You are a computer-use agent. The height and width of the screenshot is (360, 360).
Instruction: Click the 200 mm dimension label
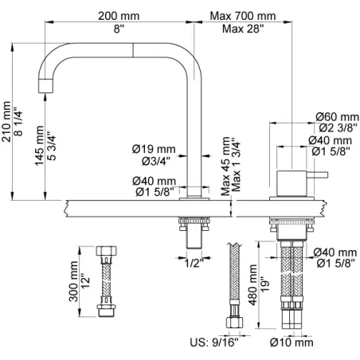pyautogui.click(x=119, y=16)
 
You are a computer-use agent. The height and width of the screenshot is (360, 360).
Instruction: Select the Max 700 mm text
pyautogui.click(x=243, y=16)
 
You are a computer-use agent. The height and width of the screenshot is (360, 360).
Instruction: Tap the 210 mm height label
pyautogui.click(x=6, y=122)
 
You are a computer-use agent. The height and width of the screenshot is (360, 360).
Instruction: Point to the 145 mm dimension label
pyautogui.click(x=40, y=146)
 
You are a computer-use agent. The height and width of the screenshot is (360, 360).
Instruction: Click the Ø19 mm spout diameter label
pyautogui.click(x=154, y=149)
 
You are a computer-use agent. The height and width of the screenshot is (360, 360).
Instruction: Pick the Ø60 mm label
pyautogui.click(x=337, y=117)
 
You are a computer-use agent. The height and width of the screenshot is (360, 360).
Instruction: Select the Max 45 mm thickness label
pyautogui.click(x=226, y=166)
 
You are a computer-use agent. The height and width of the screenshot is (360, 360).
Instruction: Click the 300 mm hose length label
pyautogui.click(x=73, y=281)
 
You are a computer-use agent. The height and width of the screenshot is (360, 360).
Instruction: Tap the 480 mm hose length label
pyautogui.click(x=252, y=285)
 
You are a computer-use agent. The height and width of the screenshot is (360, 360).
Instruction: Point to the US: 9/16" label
pyautogui.click(x=214, y=342)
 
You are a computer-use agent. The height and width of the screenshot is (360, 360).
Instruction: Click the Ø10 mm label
pyautogui.click(x=292, y=342)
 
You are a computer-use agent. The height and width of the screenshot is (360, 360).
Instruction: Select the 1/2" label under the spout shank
pyautogui.click(x=194, y=263)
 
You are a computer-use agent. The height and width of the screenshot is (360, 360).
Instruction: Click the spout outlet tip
pyautogui.click(x=45, y=86)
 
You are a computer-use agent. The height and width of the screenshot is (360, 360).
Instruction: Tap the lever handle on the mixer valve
pyautogui.click(x=317, y=175)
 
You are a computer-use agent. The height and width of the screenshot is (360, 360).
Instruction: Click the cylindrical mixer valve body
pyautogui.click(x=292, y=184)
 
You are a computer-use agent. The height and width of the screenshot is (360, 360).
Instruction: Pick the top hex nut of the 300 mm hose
pyautogui.click(x=106, y=251)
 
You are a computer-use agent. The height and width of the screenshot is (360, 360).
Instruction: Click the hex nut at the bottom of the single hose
pyautogui.click(x=235, y=323)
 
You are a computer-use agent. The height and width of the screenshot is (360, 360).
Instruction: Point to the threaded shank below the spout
pyautogui.click(x=194, y=233)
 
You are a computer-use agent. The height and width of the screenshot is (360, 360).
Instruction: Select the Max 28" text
pyautogui.click(x=243, y=29)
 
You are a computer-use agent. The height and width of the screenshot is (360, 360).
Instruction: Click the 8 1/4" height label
pyautogui.click(x=18, y=122)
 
